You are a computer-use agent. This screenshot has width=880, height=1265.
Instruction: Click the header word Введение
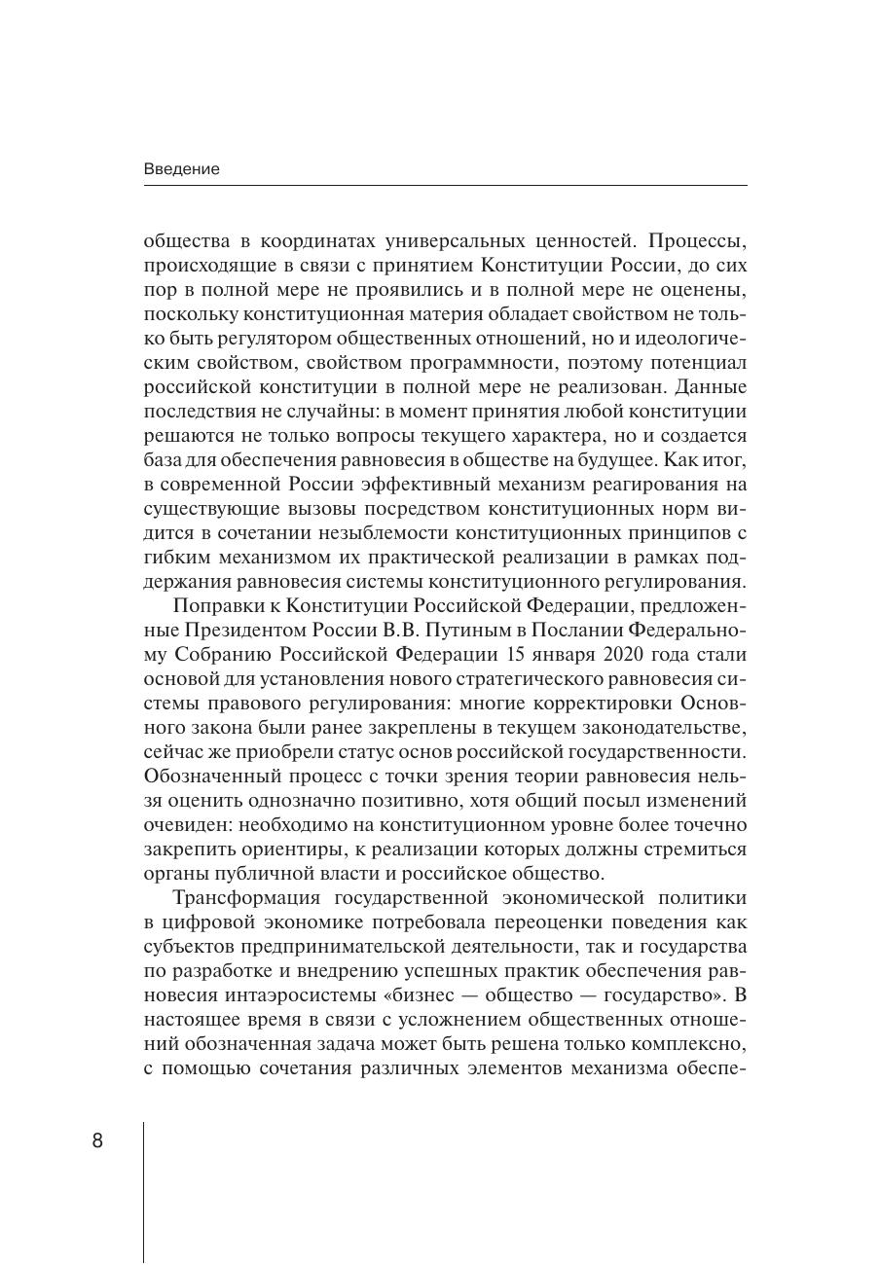(182, 169)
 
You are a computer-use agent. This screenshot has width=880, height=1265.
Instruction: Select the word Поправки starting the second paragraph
(213, 605)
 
